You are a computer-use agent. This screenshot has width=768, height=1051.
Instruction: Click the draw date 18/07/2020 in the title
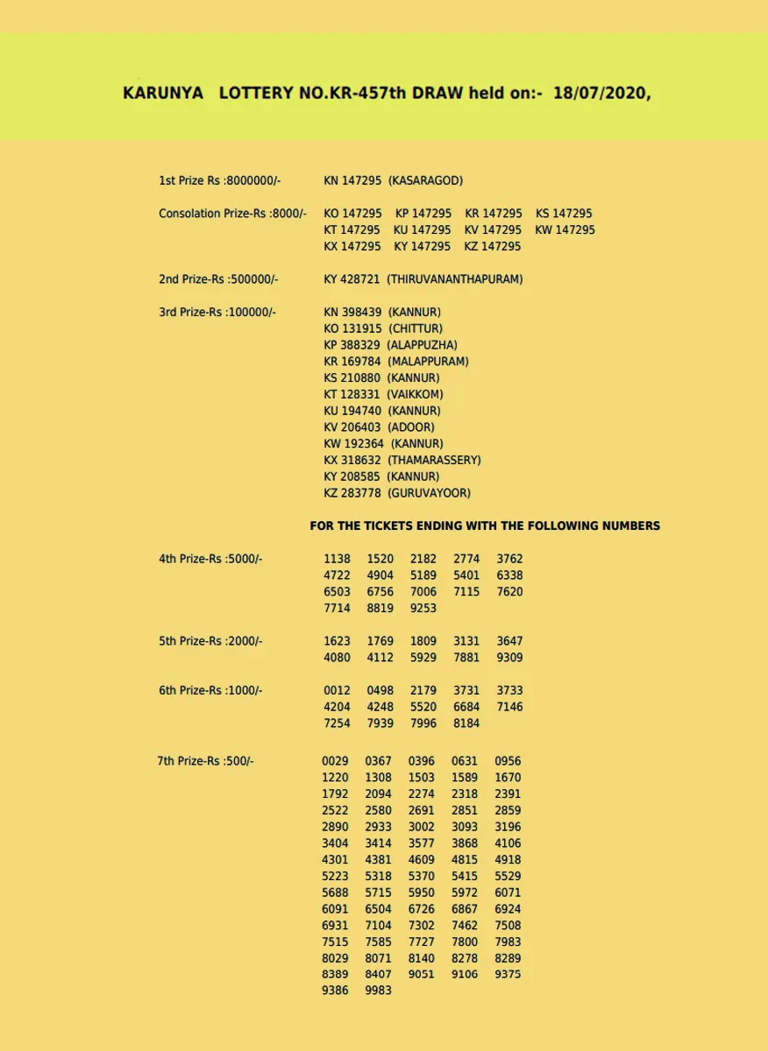click(x=602, y=94)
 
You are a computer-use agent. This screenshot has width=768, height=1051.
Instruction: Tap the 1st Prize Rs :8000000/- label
click(x=219, y=180)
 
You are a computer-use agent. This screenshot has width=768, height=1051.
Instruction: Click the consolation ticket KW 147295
click(x=565, y=229)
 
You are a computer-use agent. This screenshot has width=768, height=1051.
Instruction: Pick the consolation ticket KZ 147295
click(x=493, y=246)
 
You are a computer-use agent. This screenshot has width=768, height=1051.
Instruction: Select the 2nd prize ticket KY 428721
click(x=352, y=279)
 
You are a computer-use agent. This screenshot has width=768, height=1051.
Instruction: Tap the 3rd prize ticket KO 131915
click(x=352, y=328)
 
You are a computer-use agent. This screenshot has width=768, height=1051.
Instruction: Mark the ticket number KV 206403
click(x=352, y=427)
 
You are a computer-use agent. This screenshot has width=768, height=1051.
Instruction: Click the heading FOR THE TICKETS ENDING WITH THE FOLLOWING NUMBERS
click(x=485, y=526)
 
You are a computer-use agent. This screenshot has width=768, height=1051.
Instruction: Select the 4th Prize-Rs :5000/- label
click(x=210, y=559)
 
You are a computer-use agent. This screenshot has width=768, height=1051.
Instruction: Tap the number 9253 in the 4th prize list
click(x=423, y=608)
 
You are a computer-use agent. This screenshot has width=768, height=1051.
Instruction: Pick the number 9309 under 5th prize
click(x=509, y=657)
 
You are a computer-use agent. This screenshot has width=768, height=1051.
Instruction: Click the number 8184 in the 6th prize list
click(x=466, y=723)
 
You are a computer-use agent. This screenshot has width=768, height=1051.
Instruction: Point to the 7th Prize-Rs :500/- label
click(x=205, y=761)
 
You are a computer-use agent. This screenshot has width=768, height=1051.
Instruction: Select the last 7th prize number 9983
click(x=379, y=991)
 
